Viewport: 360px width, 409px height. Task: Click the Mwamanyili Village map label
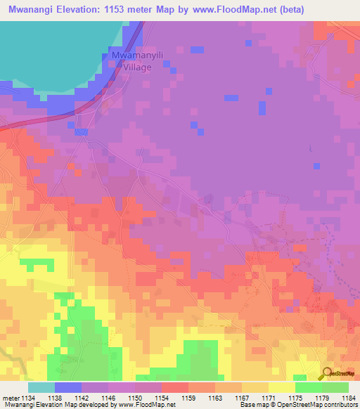[x=134, y=61]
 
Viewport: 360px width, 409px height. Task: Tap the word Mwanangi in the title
[x=30, y=9]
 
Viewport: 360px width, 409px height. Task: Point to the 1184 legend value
[x=349, y=397]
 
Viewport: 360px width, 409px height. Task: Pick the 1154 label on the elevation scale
[x=162, y=397]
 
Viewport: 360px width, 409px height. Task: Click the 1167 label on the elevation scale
[x=242, y=397]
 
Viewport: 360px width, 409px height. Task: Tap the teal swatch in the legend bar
[x=41, y=387]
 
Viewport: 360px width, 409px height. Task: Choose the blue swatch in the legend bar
[x=67, y=387]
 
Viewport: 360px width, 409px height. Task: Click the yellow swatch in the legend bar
[x=281, y=387]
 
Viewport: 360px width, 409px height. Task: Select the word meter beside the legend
[x=10, y=397]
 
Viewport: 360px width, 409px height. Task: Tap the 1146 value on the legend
[x=108, y=397]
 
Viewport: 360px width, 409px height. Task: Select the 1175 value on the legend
[x=295, y=397]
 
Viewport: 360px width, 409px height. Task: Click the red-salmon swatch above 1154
[x=174, y=387]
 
